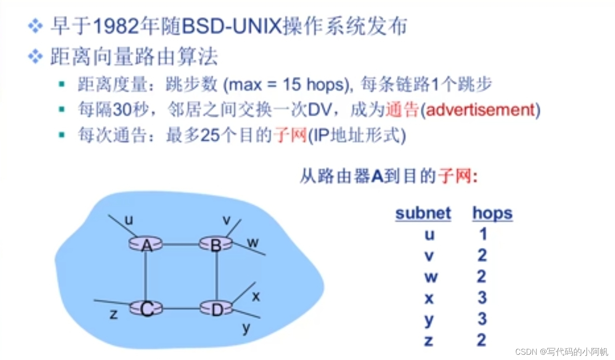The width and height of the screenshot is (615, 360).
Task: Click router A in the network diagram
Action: [x=146, y=244]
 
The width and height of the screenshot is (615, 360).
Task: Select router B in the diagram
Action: [x=215, y=244]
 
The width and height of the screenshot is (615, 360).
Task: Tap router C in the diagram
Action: [x=146, y=309]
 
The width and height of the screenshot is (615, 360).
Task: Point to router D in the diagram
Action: [x=217, y=309]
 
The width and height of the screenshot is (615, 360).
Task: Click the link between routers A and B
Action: [x=181, y=244]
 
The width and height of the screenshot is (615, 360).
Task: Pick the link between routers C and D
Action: [x=181, y=308]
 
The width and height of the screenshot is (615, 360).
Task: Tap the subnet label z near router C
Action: [x=113, y=314]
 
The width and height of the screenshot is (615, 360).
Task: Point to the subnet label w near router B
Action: [x=253, y=243]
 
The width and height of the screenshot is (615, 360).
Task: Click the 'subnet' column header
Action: [x=423, y=214]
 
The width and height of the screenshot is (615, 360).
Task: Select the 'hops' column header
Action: [x=492, y=214]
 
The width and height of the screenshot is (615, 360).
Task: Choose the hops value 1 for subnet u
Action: [x=483, y=234]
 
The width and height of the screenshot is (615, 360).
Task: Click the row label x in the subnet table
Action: [x=429, y=298]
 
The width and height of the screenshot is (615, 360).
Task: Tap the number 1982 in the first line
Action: [x=116, y=27]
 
